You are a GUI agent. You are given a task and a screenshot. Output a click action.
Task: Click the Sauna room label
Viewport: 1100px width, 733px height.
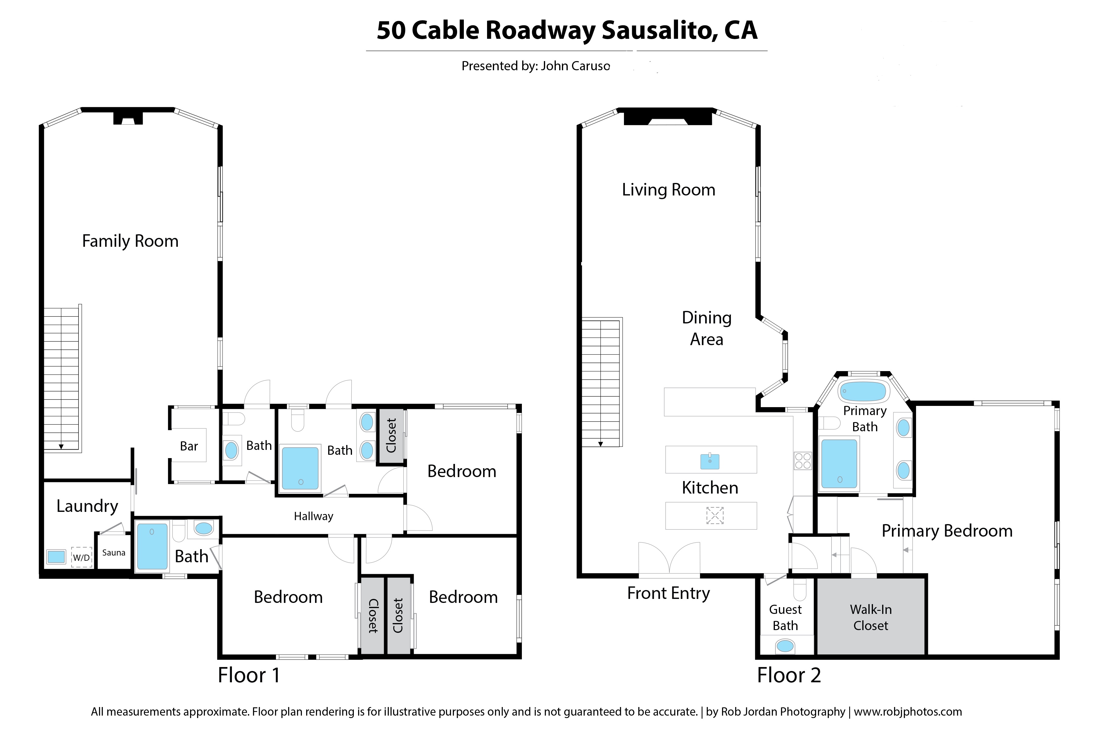[114, 552]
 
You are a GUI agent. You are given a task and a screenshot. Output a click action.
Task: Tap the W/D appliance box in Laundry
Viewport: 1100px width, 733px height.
[81, 557]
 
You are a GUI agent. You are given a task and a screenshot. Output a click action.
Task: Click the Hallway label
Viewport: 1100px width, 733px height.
[313, 516]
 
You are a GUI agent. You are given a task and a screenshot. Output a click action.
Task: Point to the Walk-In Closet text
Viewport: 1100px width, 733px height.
[870, 618]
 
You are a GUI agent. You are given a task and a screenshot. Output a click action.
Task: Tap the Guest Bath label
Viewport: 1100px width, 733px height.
[785, 618]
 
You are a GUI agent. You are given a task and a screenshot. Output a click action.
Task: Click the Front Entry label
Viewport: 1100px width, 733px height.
[668, 593]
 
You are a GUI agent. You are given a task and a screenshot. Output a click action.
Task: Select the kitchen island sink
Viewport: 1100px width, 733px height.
[710, 461]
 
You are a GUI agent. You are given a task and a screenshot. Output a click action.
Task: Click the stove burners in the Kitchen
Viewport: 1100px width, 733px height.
[803, 461]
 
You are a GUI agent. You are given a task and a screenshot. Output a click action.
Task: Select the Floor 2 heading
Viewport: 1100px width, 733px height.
[789, 675]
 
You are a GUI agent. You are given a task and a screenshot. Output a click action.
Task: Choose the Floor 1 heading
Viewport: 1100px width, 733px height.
[249, 675]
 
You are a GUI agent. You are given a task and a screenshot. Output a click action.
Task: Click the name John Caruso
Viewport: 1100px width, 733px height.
[575, 66]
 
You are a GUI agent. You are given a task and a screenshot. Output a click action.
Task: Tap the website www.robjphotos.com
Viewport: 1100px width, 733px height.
[908, 712]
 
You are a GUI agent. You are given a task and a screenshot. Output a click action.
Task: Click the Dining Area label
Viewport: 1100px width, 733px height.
[707, 328]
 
